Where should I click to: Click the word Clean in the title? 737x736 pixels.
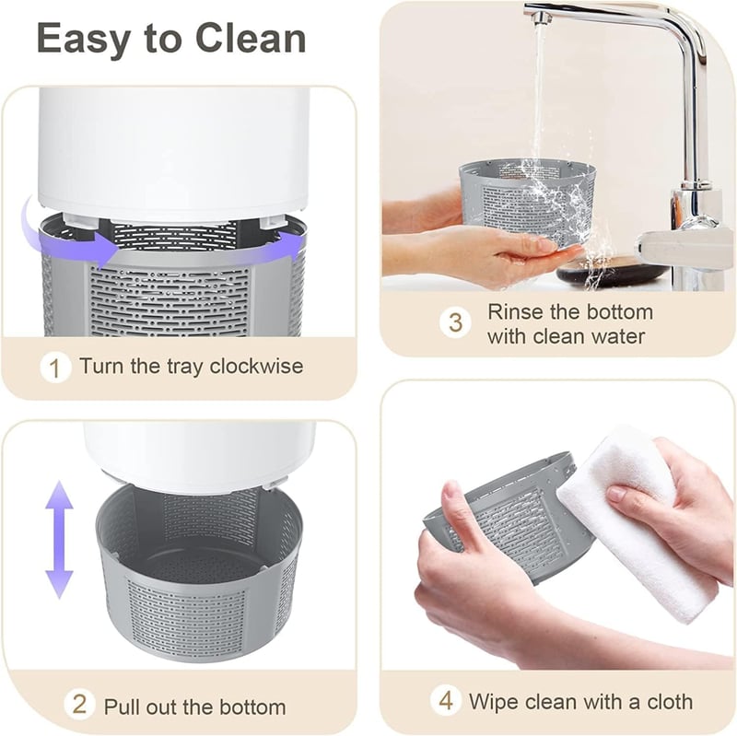click(251, 38)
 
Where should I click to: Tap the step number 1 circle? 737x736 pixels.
click(55, 367)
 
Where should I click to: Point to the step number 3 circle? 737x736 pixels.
click(455, 323)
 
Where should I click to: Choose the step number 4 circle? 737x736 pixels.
click(446, 700)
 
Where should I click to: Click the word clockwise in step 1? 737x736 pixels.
click(256, 366)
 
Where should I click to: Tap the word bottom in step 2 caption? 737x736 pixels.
click(252, 707)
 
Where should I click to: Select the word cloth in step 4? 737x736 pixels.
click(670, 702)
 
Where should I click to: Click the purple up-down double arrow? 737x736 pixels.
click(59, 540)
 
